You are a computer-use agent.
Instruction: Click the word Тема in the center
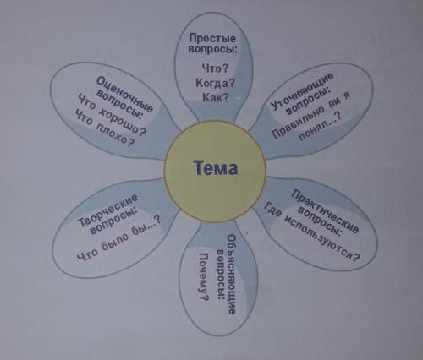coord(216,168)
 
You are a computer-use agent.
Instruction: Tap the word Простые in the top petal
coord(212,37)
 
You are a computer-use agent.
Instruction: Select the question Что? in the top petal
coord(215,68)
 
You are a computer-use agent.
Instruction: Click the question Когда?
coord(215,83)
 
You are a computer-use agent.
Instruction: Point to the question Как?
coord(216,97)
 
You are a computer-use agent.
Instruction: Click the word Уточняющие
coord(302,90)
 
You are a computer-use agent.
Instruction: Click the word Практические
coord(325,211)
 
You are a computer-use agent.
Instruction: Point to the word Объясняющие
coord(231,275)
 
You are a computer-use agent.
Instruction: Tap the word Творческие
coord(108,210)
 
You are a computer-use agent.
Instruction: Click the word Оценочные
coord(125,94)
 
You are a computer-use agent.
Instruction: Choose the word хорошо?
coord(123,121)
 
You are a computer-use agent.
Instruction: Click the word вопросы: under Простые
coord(212,49)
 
